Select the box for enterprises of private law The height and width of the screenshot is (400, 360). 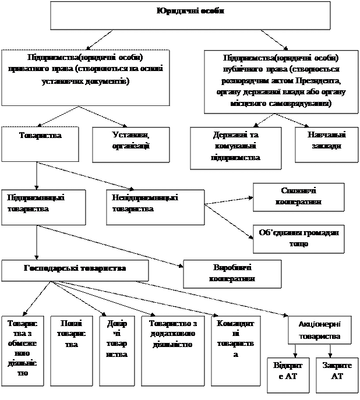(x=86, y=77)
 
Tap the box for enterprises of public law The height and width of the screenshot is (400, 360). (x=281, y=82)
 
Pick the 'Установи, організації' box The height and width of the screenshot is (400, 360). (x=130, y=144)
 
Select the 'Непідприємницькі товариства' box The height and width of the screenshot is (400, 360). (x=155, y=207)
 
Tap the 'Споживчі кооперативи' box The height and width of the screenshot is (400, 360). (x=298, y=197)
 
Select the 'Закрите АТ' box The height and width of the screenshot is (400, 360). (x=337, y=371)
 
